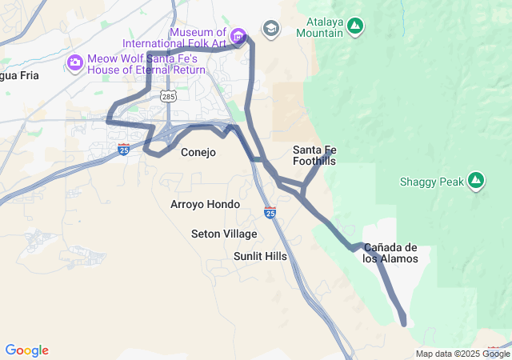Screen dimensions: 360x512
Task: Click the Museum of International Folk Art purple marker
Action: point(238,36)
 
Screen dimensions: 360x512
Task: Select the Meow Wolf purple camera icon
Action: point(74,62)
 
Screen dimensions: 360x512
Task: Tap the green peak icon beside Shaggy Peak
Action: point(476,181)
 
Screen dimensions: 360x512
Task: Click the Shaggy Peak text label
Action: point(431,182)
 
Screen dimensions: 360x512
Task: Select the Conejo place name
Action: point(198,152)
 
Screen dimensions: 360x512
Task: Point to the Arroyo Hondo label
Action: point(205,204)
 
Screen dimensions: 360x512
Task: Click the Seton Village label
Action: point(224,234)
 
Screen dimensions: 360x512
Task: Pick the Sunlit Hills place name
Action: point(260,256)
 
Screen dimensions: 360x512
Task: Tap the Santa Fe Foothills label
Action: point(314,155)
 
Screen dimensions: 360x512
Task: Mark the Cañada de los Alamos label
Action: point(390,253)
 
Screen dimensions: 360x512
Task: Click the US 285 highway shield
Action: point(168,97)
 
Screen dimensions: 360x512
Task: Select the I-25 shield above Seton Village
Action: point(270,212)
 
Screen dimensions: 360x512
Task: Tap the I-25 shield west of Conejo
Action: point(122,149)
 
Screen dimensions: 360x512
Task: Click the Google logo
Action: point(26,350)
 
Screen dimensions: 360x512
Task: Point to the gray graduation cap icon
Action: point(271,29)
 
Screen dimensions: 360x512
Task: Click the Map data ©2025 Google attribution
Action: point(462,354)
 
